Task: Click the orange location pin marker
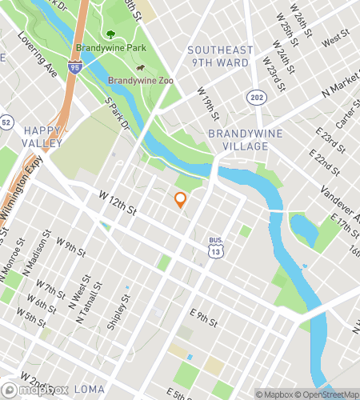pyautogui.click(x=180, y=200)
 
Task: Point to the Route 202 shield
pyautogui.click(x=255, y=96)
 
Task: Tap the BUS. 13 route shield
pyautogui.click(x=215, y=249)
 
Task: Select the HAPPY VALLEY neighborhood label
pyautogui.click(x=42, y=136)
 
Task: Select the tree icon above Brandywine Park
pyautogui.click(x=110, y=34)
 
